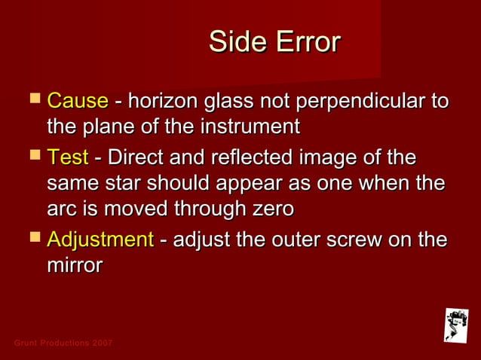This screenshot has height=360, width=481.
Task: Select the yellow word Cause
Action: [78, 101]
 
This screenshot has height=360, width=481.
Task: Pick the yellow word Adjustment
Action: [100, 239]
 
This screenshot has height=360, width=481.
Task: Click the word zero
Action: [269, 207]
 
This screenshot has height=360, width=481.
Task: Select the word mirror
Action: [74, 264]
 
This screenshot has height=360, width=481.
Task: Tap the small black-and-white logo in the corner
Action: [455, 324]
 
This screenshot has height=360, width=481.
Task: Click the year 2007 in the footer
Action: [102, 343]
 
